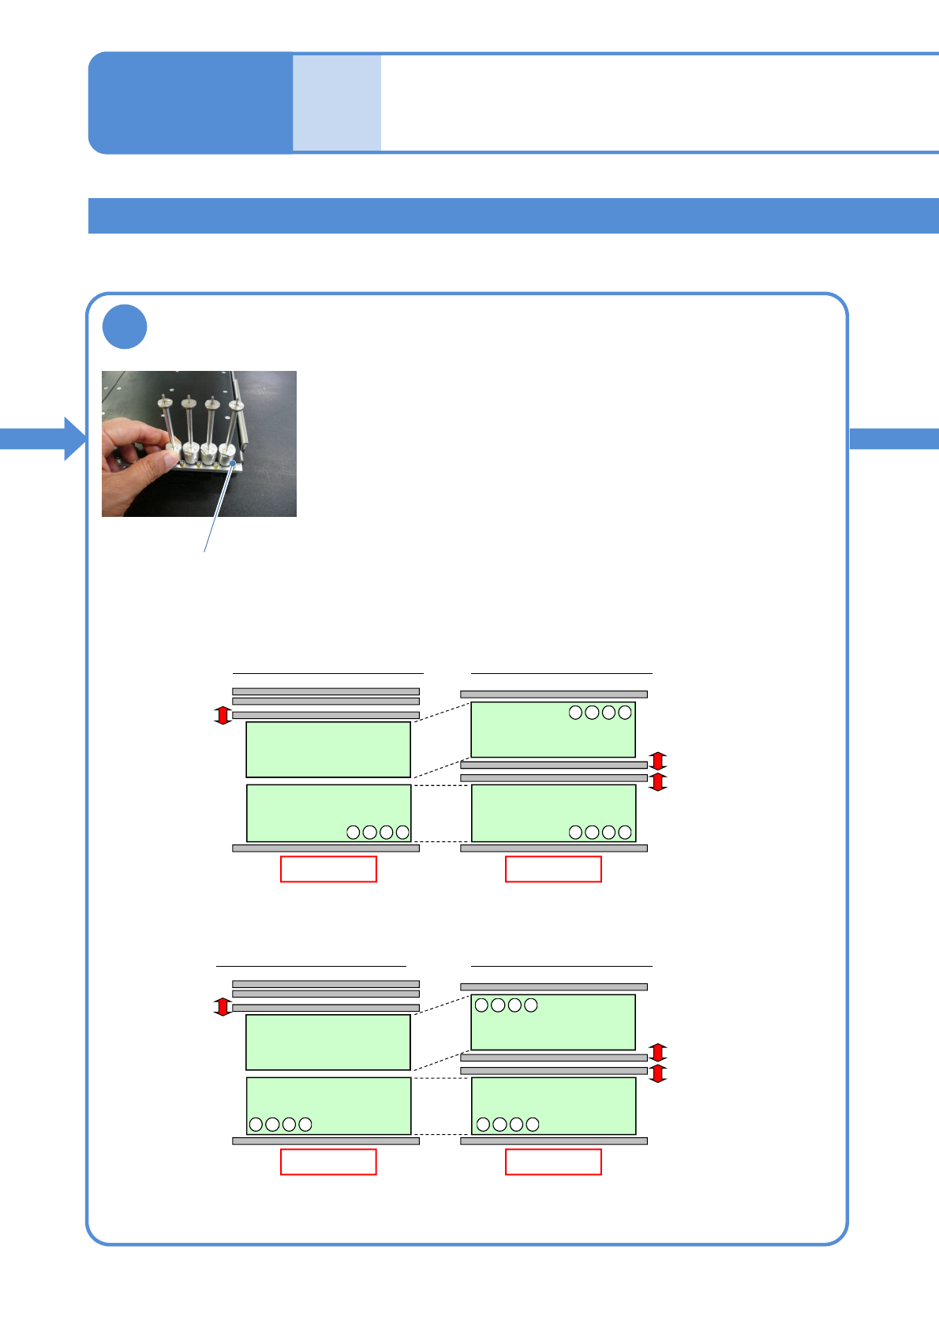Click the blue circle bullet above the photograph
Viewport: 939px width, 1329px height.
[125, 327]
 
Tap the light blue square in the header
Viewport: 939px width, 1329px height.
[337, 103]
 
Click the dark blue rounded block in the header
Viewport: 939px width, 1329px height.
[190, 103]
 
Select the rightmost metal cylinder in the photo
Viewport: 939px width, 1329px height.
[227, 453]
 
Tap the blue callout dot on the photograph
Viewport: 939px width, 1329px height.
[233, 463]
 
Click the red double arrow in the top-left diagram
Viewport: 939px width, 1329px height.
[223, 715]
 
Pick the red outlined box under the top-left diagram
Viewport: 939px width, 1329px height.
[328, 869]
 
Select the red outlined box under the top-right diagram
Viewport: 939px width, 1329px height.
[553, 869]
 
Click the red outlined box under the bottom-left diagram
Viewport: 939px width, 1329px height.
[328, 1162]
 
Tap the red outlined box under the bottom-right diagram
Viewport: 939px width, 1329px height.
[553, 1162]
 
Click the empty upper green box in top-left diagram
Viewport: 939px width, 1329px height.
[328, 750]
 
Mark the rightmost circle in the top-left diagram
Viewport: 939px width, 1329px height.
[402, 832]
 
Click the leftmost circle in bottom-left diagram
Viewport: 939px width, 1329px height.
[256, 1125]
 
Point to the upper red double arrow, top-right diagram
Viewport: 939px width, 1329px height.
[658, 761]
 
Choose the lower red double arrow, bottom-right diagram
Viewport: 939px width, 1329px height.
[658, 1073]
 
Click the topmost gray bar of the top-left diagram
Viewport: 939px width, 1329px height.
[326, 691]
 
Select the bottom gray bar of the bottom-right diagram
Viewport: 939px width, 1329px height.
[554, 1141]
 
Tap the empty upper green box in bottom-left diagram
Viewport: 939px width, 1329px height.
[328, 1043]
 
